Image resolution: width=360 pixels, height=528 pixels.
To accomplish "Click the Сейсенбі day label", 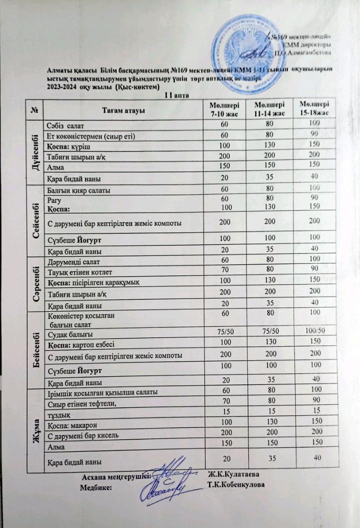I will click(36, 220).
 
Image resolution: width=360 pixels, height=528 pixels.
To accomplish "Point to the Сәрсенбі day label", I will click(36, 284).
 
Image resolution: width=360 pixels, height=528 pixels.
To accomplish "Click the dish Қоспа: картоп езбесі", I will click(81, 345).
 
